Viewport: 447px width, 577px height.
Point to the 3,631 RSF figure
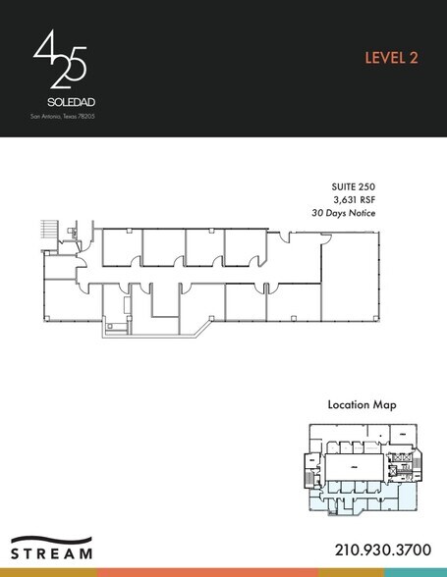pyautogui.click(x=356, y=198)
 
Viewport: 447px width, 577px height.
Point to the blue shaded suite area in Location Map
pyautogui.click(x=354, y=497)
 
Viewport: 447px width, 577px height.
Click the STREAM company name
pyautogui.click(x=53, y=552)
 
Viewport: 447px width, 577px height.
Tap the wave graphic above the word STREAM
pyautogui.click(x=53, y=539)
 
